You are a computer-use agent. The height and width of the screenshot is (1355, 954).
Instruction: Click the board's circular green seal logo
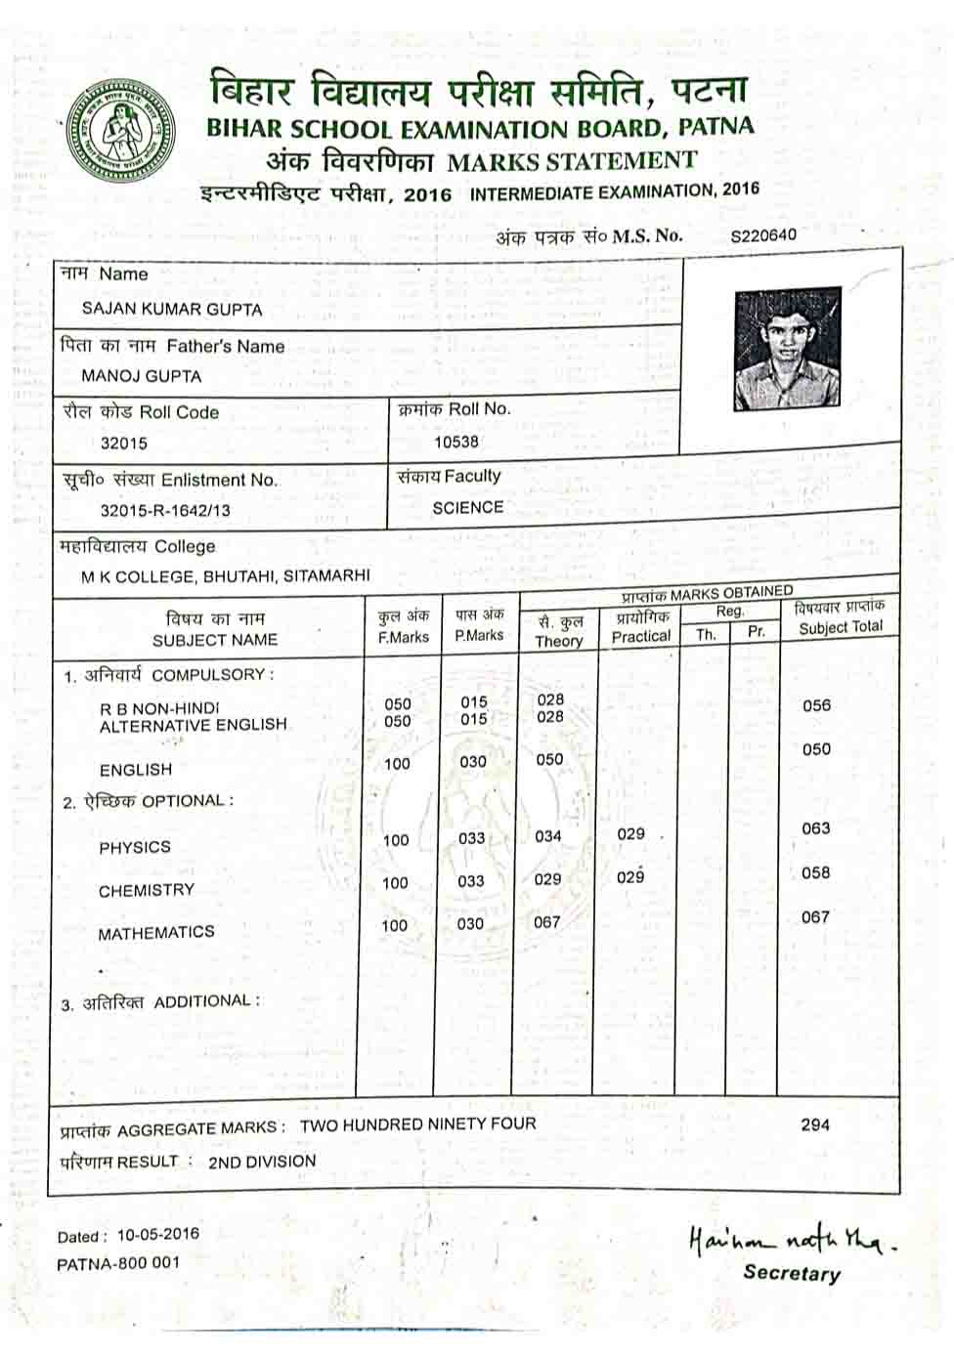120,131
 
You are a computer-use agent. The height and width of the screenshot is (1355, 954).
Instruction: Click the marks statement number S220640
763,235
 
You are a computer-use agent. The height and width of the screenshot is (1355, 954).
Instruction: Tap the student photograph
787,349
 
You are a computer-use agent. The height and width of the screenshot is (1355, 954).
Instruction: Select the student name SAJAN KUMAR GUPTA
172,310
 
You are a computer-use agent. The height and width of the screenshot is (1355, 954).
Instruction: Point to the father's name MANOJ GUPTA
141,376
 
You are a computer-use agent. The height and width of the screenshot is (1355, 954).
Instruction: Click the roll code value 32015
124,443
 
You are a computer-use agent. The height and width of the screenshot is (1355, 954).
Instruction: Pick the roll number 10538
456,442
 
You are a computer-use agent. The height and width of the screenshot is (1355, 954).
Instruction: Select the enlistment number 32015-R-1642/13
165,510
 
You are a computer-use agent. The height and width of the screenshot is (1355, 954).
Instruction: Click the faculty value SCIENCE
468,508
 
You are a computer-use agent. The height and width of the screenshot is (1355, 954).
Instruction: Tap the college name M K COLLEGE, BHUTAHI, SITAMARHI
226,576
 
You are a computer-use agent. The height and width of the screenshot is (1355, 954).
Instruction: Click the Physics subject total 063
816,828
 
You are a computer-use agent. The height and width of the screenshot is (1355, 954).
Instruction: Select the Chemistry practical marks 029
630,877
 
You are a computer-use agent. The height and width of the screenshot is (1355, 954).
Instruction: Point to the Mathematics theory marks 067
547,922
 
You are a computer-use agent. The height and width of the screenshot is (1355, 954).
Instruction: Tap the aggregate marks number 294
815,1124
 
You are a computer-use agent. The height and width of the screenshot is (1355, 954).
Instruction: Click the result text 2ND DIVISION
262,1162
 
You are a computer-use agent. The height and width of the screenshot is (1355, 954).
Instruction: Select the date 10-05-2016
157,1235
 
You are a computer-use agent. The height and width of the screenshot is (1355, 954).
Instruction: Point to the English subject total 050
816,749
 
